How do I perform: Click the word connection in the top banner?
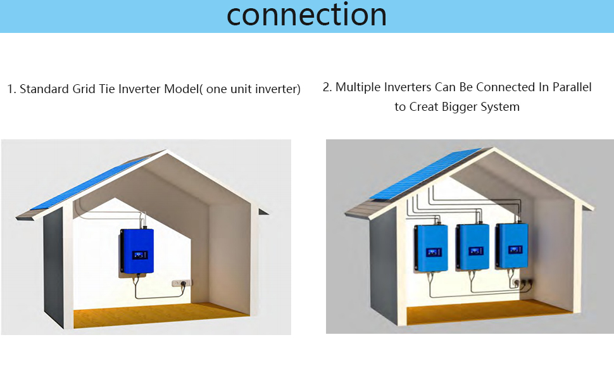(x=306, y=15)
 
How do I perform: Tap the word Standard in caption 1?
(x=41, y=89)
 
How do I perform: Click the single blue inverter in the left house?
(x=137, y=252)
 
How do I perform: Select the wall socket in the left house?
(x=183, y=284)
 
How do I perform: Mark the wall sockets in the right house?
(x=523, y=281)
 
